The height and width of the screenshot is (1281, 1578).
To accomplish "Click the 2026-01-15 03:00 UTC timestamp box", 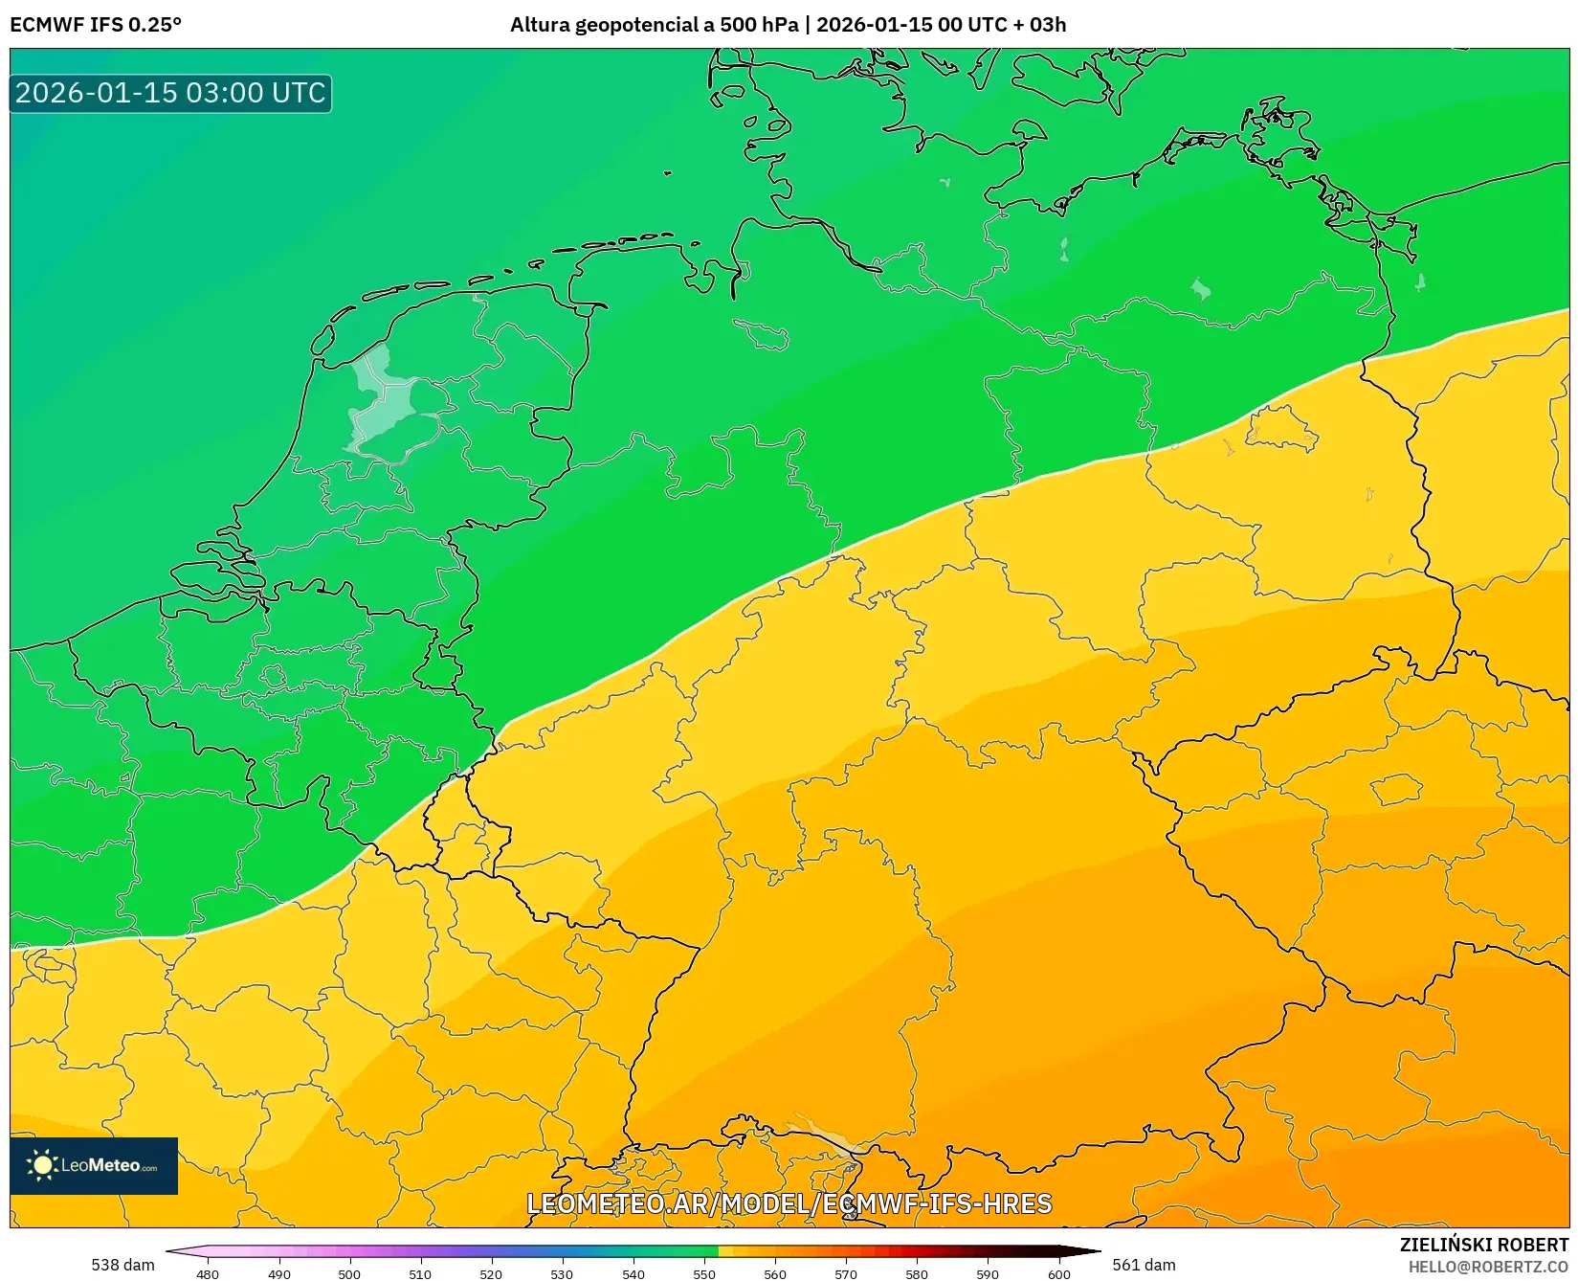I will [x=170, y=93].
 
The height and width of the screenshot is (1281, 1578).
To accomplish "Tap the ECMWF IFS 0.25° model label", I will [x=96, y=25].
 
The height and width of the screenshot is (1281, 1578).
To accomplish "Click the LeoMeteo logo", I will [x=94, y=1165].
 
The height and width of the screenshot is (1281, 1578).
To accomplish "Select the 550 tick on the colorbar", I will [x=704, y=1273].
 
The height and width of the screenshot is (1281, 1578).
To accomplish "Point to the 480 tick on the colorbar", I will [x=208, y=1273].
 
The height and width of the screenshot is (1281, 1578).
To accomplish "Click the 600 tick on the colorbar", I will [x=1058, y=1273].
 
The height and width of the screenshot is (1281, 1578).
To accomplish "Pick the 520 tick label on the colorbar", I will [x=491, y=1273].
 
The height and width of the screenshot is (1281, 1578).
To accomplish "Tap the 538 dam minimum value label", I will [x=122, y=1265].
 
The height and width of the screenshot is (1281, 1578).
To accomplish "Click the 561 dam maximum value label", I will [x=1144, y=1265].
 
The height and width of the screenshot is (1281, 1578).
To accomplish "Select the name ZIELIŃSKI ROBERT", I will [x=1484, y=1246].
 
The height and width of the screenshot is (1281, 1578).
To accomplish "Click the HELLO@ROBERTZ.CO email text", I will [x=1488, y=1267].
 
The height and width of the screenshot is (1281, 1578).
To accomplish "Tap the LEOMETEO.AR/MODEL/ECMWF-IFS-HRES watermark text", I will [x=789, y=1203].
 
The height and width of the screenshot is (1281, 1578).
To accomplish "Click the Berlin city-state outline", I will [x=1282, y=428].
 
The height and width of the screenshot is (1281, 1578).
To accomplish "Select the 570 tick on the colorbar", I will [x=846, y=1273].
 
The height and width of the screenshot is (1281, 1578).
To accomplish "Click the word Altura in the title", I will [x=540, y=25].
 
